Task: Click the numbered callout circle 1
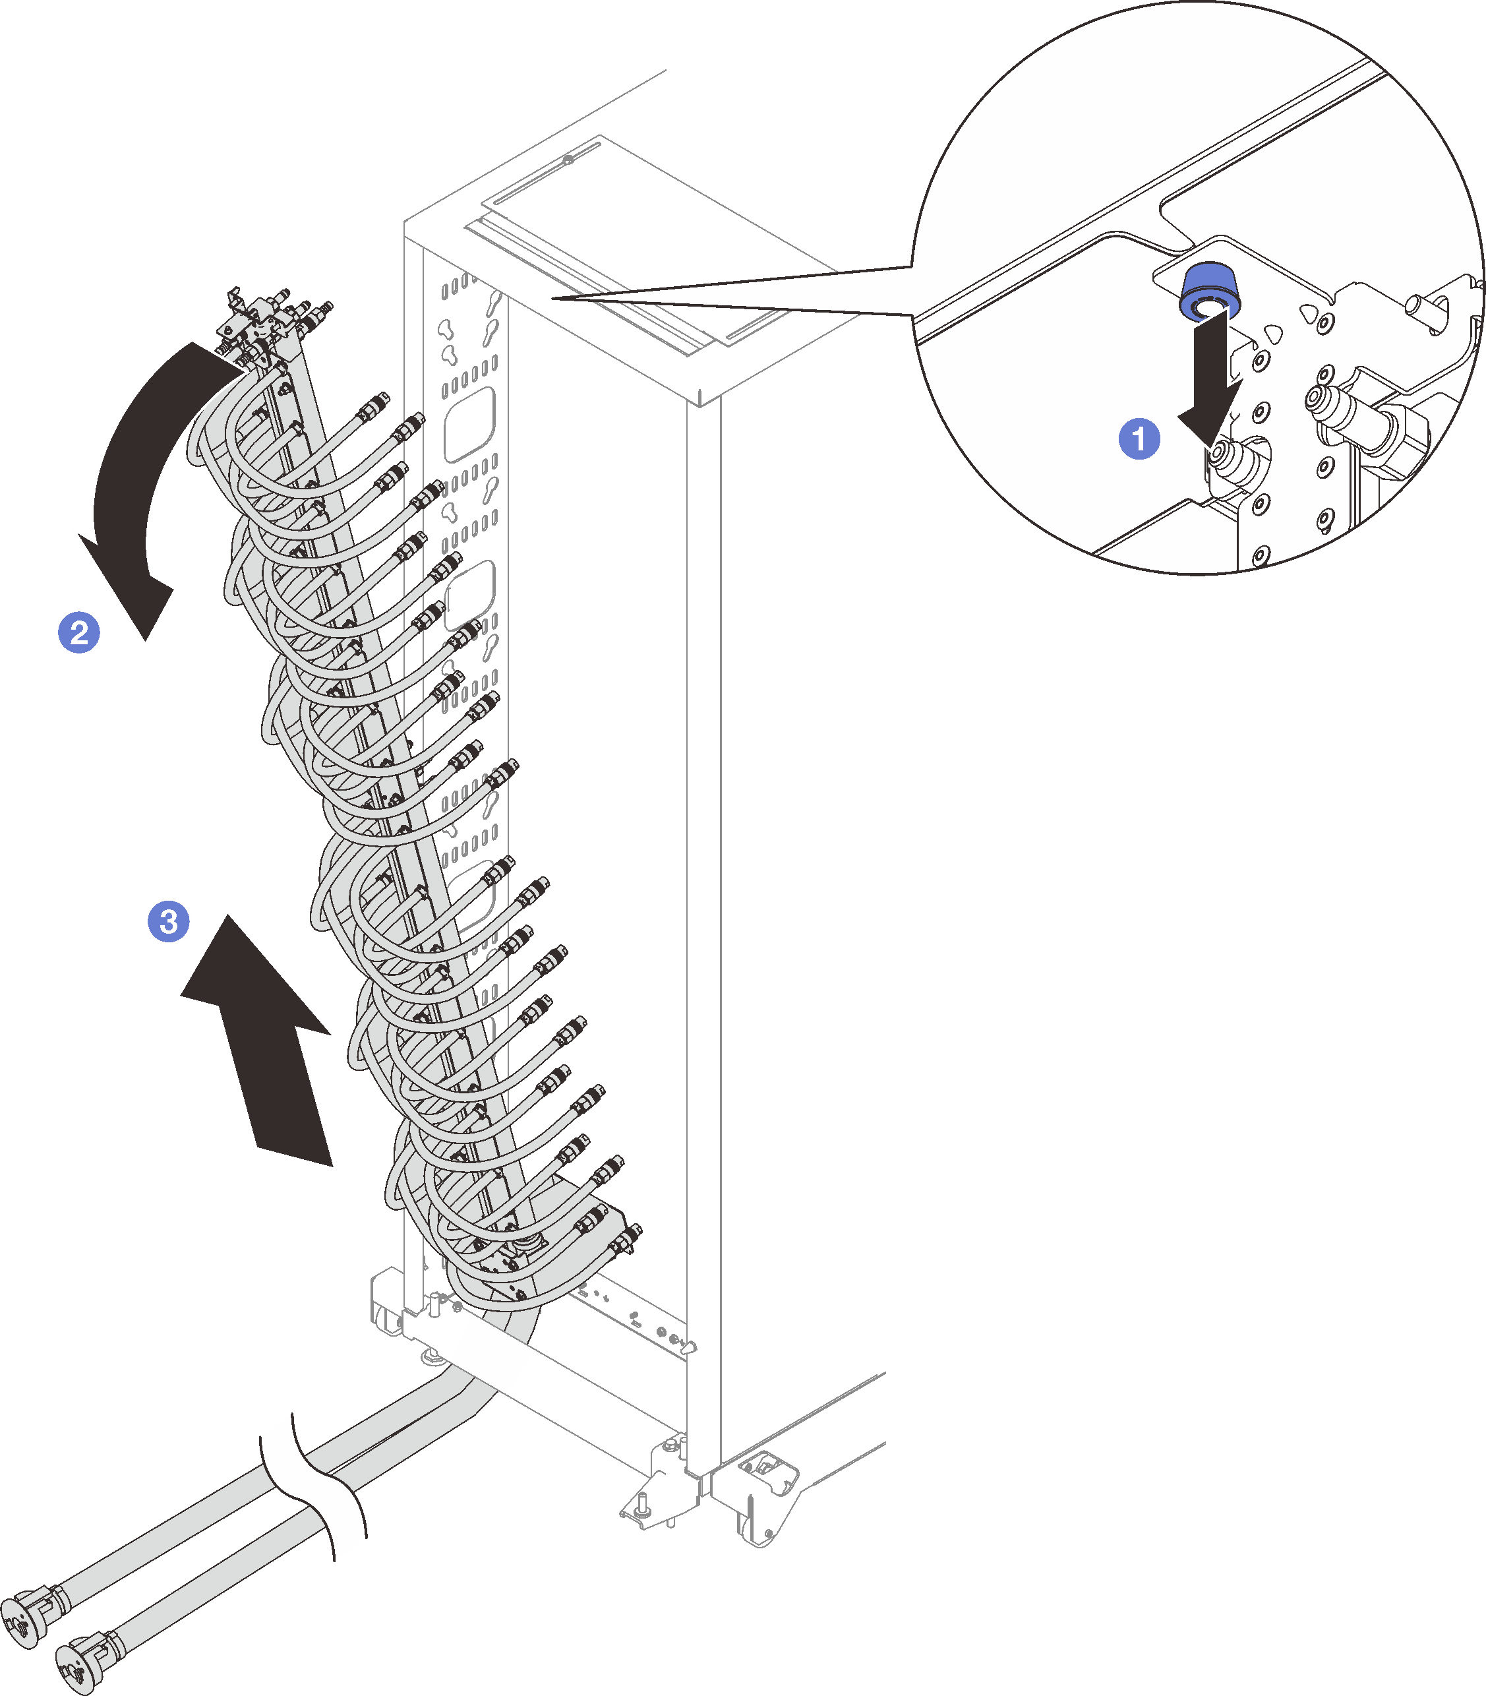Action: click(1139, 438)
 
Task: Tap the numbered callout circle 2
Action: click(78, 633)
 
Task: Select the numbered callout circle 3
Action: click(168, 921)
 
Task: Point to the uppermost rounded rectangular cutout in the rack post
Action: click(469, 423)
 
